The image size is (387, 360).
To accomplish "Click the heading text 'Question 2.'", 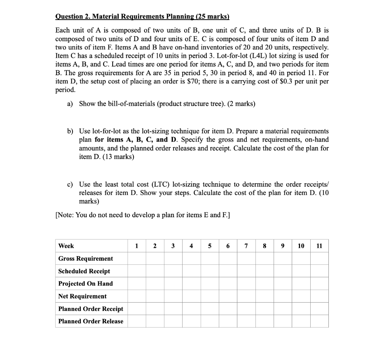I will [73, 16].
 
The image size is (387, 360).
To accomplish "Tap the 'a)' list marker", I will [70, 104].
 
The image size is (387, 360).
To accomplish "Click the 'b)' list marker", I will [70, 131].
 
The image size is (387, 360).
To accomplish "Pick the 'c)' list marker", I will [70, 184].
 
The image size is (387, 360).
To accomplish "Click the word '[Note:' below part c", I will [65, 215].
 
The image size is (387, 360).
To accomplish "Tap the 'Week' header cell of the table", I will [66, 246].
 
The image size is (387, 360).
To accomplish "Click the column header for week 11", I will [319, 246].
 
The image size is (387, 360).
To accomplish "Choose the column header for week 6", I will [228, 246].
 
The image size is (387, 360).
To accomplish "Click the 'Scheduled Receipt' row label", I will [84, 271].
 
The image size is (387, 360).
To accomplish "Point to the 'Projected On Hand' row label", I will [85, 284].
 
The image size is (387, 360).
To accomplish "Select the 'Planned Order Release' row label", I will [91, 321].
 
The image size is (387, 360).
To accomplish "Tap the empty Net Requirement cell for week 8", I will [265, 296].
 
